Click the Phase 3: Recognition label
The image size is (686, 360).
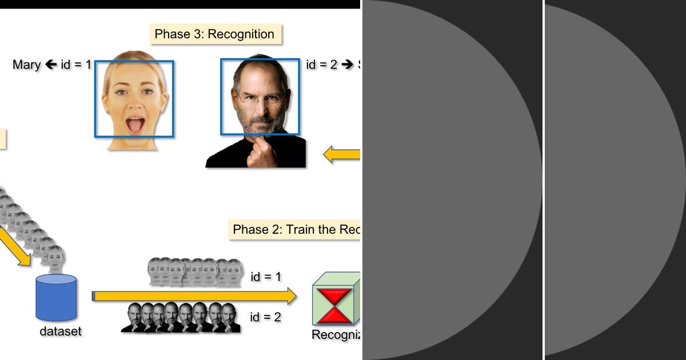pos(214,34)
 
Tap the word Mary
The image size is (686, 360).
pos(26,65)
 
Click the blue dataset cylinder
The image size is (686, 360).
pos(56,298)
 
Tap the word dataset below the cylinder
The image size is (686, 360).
pos(61,331)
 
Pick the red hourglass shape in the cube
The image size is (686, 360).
pos(336,306)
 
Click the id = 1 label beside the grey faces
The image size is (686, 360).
pos(266,277)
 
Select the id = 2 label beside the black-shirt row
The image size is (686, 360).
pos(266,317)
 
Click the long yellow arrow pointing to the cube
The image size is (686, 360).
pos(194,296)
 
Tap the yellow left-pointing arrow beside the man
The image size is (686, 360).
pos(342,154)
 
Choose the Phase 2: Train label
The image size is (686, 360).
pos(295,230)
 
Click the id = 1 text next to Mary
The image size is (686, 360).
pos(76,65)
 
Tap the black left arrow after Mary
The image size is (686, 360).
pos(50,65)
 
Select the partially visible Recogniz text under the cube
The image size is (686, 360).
pos(336,335)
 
